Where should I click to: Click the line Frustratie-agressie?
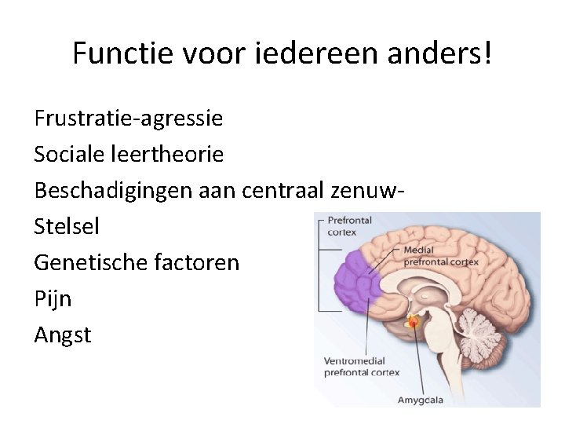click(x=128, y=119)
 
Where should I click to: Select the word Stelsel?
click(x=67, y=227)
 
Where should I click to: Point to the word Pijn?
click(x=53, y=299)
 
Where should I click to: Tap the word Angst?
click(x=63, y=335)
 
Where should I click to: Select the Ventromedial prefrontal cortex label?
click(x=362, y=367)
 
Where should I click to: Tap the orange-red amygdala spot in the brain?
click(x=414, y=321)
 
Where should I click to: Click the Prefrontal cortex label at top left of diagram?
click(x=348, y=226)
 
